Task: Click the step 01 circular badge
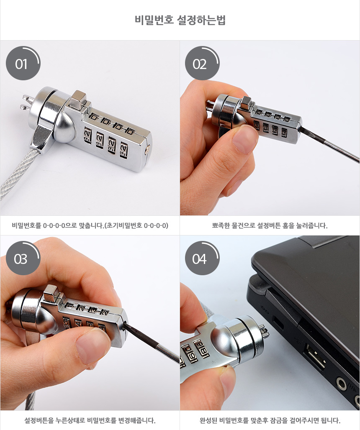tap(23, 63)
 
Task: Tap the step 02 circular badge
tap(202, 63)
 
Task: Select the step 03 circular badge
tap(23, 259)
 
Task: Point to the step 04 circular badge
tap(202, 259)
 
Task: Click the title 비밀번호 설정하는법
tap(180, 20)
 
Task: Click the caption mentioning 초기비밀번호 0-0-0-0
tap(90, 225)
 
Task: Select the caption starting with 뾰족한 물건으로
tap(270, 225)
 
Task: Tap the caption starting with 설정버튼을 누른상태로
tap(90, 420)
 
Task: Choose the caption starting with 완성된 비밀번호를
tap(270, 420)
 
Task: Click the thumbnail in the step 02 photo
tap(244, 139)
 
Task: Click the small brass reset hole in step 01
tap(148, 148)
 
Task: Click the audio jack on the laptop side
tap(341, 384)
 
